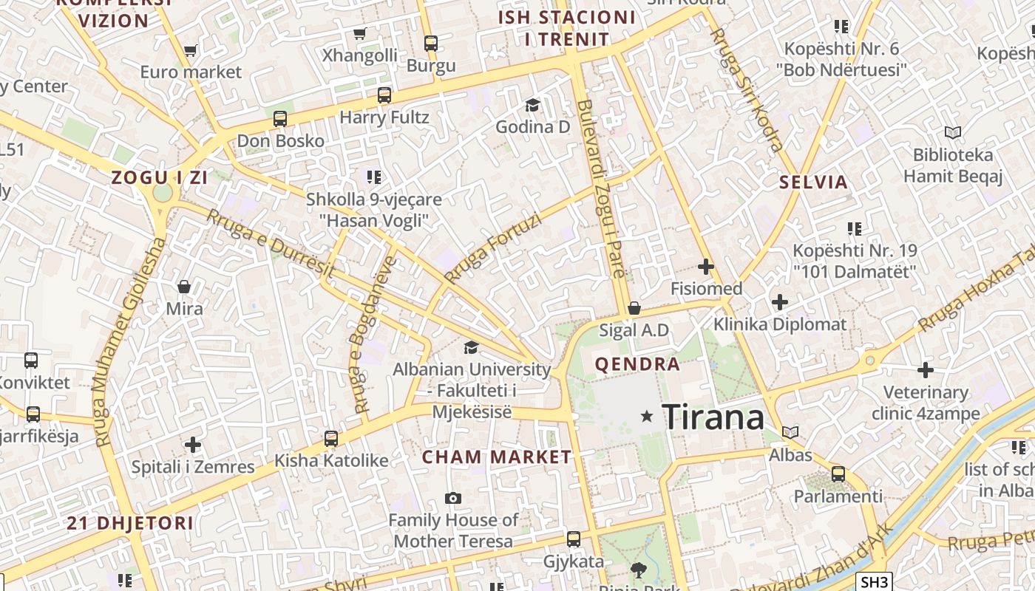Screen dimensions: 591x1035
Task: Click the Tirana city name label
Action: (x=713, y=417)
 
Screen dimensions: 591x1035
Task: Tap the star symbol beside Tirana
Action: (x=647, y=417)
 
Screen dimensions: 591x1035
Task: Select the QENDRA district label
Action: (x=637, y=363)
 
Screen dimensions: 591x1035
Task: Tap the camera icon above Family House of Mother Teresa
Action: (x=453, y=499)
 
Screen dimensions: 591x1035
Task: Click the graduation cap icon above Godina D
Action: (x=532, y=105)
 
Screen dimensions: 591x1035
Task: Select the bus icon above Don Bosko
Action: (x=279, y=118)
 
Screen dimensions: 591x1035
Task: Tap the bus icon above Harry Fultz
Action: (x=384, y=95)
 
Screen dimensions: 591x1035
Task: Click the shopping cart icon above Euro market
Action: (x=190, y=50)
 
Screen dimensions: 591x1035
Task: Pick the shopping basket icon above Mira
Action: (x=184, y=286)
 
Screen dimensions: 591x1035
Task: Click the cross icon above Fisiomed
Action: (x=706, y=266)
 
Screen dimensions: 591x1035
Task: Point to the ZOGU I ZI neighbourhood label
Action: (x=159, y=177)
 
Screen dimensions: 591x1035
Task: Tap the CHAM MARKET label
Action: (x=497, y=457)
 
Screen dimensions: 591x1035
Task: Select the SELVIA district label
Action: (x=814, y=182)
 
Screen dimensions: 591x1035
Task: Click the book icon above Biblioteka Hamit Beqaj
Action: (x=953, y=133)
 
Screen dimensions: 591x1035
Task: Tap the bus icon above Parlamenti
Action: (x=838, y=474)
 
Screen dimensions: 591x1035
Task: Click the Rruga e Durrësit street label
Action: (x=270, y=242)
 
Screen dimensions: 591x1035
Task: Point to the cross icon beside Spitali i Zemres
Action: (x=193, y=445)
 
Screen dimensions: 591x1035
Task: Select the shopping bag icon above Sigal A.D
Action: (x=634, y=308)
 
